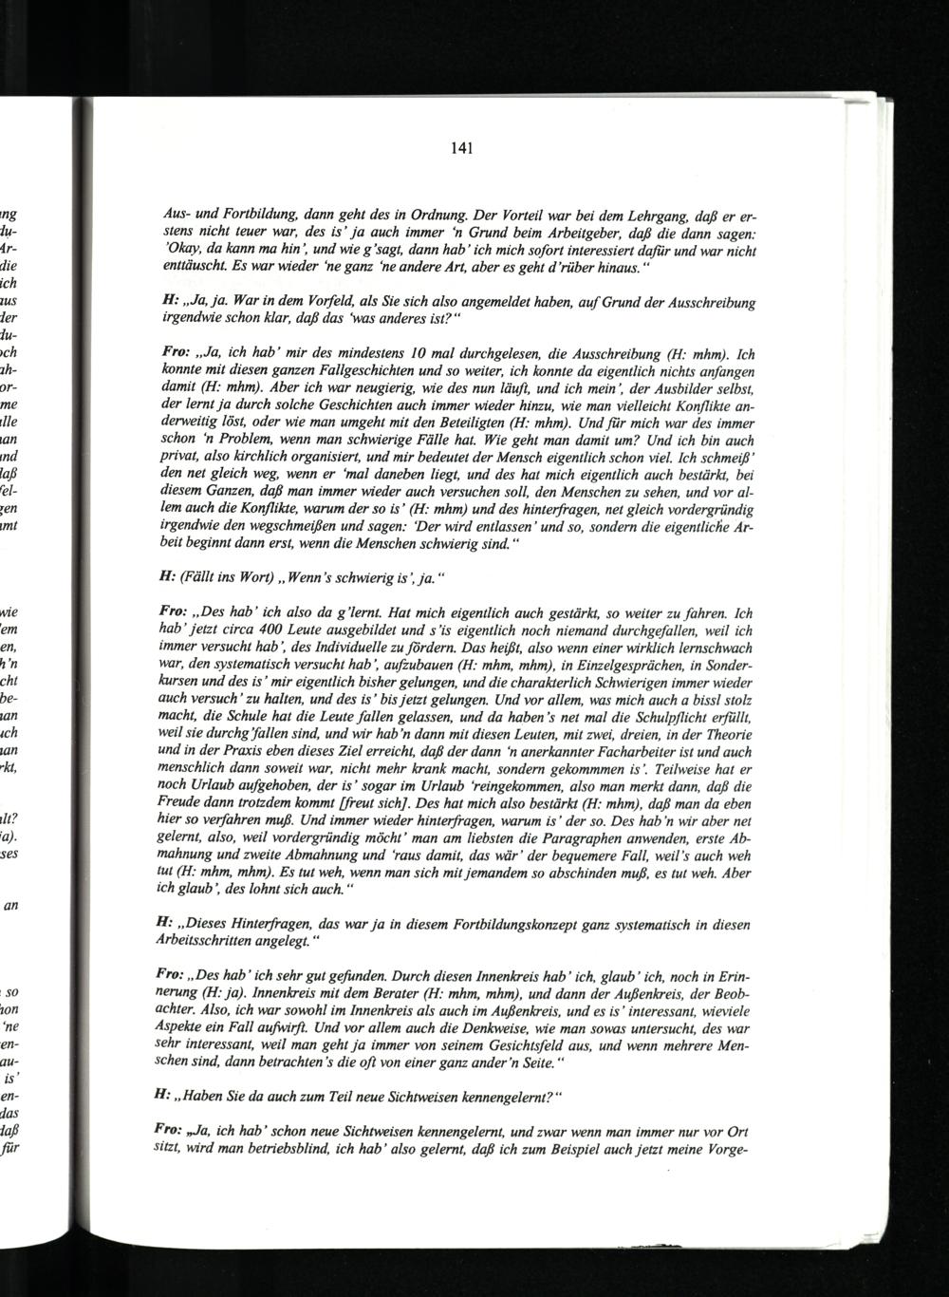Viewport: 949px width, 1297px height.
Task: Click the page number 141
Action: tap(463, 148)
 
